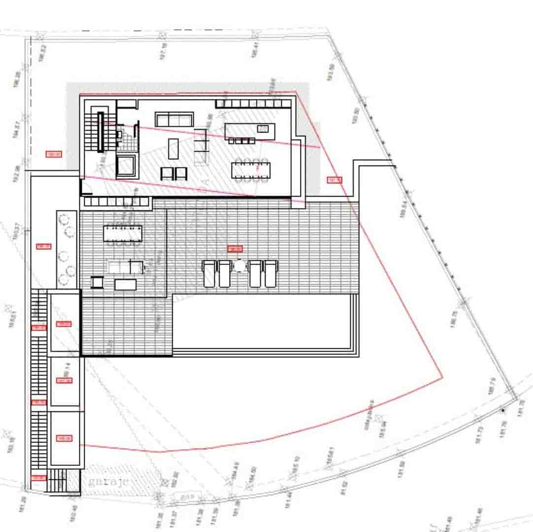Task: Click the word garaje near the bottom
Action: pyautogui.click(x=108, y=481)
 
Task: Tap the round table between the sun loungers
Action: pyautogui.click(x=239, y=266)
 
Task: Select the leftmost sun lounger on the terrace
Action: pyautogui.click(x=209, y=273)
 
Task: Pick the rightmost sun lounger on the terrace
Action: pyautogui.click(x=270, y=273)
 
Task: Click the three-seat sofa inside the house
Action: pyautogui.click(x=174, y=119)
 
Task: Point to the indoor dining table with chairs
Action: pyautogui.click(x=250, y=169)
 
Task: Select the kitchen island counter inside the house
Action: pyautogui.click(x=250, y=131)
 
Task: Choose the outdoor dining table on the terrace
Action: pyautogui.click(x=123, y=233)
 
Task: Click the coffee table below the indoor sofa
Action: pyautogui.click(x=173, y=148)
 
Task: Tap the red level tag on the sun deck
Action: pyautogui.click(x=235, y=249)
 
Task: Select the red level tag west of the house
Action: pyautogui.click(x=53, y=154)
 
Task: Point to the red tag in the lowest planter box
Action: pyautogui.click(x=64, y=438)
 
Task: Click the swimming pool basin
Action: pyautogui.click(x=264, y=321)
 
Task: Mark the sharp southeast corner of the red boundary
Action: pyautogui.click(x=442, y=378)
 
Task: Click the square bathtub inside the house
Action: pyautogui.click(x=127, y=166)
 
